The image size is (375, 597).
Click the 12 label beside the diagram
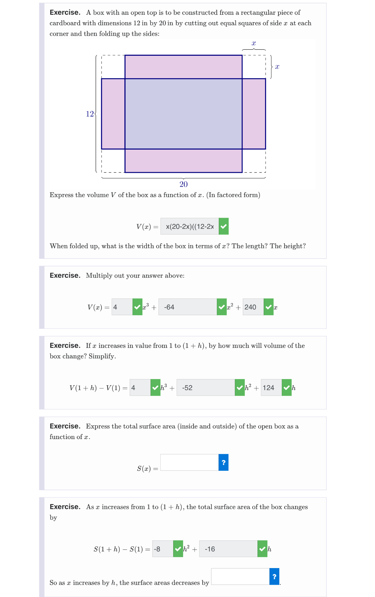click(x=90, y=114)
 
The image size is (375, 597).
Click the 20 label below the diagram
click(x=183, y=184)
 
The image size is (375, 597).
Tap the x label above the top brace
click(x=254, y=43)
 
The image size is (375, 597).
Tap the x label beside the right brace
click(x=277, y=67)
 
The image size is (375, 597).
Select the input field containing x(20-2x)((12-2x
click(x=189, y=227)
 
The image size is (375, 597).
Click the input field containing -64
click(x=188, y=307)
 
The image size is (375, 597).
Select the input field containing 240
click(x=253, y=307)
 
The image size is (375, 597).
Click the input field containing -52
click(x=205, y=388)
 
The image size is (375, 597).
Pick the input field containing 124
click(x=271, y=388)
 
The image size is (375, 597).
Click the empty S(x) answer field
click(x=189, y=462)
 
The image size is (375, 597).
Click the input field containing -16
click(x=228, y=549)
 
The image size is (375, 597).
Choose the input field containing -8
click(x=163, y=549)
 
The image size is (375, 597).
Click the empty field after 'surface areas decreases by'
click(x=240, y=577)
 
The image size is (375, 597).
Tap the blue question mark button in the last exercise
click(x=274, y=577)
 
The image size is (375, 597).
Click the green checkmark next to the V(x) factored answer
click(x=224, y=227)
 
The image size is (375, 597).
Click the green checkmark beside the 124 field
click(x=287, y=388)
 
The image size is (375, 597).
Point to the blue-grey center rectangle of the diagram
click(x=183, y=114)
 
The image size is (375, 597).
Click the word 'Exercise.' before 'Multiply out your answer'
click(x=65, y=276)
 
